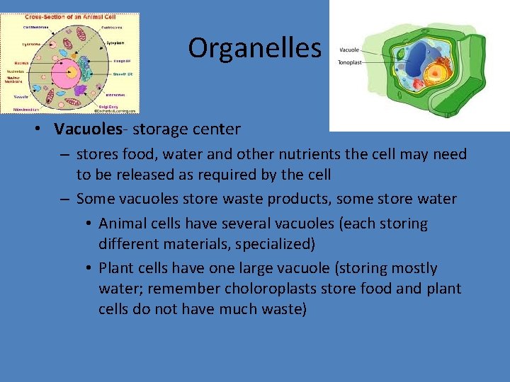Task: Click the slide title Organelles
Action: point(254,48)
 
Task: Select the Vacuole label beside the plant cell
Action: point(350,50)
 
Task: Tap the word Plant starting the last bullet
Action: point(115,268)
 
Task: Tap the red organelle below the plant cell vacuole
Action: point(419,83)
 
